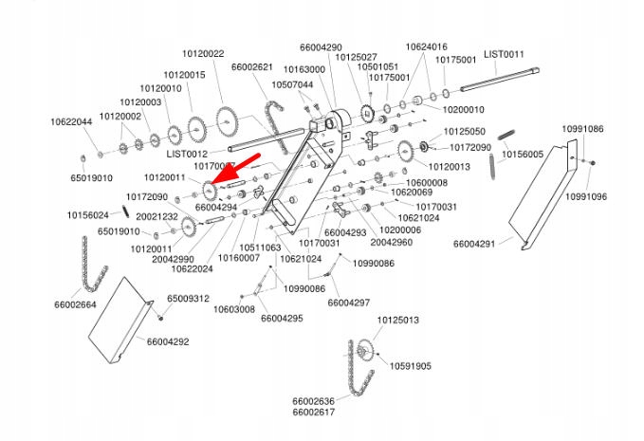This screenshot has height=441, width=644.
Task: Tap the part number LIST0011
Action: [504, 55]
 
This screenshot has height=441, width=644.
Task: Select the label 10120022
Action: [203, 54]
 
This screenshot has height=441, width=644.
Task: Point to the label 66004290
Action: [321, 47]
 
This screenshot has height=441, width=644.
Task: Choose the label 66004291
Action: [474, 244]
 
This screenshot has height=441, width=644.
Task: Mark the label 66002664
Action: [75, 304]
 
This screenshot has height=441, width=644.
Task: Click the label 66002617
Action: [314, 413]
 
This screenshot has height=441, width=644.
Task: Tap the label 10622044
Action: [71, 121]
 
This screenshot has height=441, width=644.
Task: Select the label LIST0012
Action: [187, 153]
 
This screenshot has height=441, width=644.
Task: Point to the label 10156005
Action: [523, 154]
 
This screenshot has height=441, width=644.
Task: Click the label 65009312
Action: [189, 299]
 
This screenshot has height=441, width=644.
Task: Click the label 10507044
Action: [292, 84]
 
